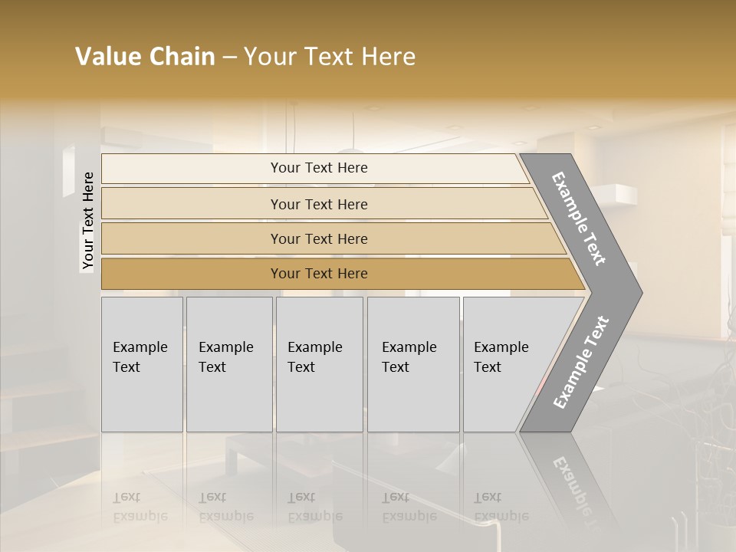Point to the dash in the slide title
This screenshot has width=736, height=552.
tap(229, 58)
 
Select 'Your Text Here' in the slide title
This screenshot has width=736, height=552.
tap(330, 57)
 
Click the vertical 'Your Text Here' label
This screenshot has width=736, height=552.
tap(88, 221)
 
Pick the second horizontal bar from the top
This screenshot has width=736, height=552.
tap(319, 204)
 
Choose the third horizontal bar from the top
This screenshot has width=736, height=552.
tap(319, 238)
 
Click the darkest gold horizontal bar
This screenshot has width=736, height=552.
tap(319, 274)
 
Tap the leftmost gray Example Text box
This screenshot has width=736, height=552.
tap(142, 364)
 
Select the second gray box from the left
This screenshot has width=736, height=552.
tap(228, 364)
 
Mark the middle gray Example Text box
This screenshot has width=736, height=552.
tap(319, 364)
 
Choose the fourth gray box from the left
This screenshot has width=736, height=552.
tap(412, 364)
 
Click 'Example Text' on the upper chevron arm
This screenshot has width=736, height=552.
tap(579, 219)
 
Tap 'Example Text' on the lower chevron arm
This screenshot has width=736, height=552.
tap(581, 362)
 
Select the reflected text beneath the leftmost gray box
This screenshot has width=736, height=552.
tap(140, 507)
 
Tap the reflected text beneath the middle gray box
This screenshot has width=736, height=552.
tap(314, 507)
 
